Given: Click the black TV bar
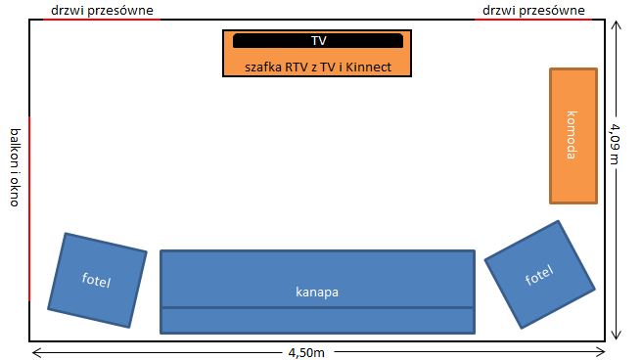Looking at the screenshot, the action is (x=318, y=40).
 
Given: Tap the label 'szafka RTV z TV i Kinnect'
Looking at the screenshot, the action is (x=318, y=67).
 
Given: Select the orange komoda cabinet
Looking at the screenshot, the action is (x=573, y=136).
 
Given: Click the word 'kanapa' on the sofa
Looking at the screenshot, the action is (x=317, y=292).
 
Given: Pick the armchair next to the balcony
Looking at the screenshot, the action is (x=97, y=280).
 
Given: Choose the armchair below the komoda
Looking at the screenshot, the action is (x=539, y=275).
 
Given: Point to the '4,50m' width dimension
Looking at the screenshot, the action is (x=306, y=352).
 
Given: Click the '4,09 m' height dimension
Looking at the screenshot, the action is (x=615, y=144).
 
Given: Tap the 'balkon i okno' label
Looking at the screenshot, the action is (x=15, y=167).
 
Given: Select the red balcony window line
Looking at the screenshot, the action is (x=29, y=208).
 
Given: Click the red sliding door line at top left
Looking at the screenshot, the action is (x=102, y=20).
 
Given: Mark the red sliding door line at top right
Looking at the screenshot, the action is (x=533, y=20).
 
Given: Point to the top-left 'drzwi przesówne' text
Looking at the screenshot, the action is (x=102, y=10).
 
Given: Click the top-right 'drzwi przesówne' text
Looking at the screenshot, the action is (x=533, y=10).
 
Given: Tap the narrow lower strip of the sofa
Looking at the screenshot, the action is (x=318, y=321).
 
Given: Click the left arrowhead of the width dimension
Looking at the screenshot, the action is (x=36, y=352).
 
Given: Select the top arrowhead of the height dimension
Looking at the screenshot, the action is (x=616, y=25).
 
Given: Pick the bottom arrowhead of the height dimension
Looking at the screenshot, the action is (x=616, y=335).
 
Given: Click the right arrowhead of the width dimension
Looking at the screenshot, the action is (x=601, y=352).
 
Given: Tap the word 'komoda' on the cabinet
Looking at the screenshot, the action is (x=572, y=135).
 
